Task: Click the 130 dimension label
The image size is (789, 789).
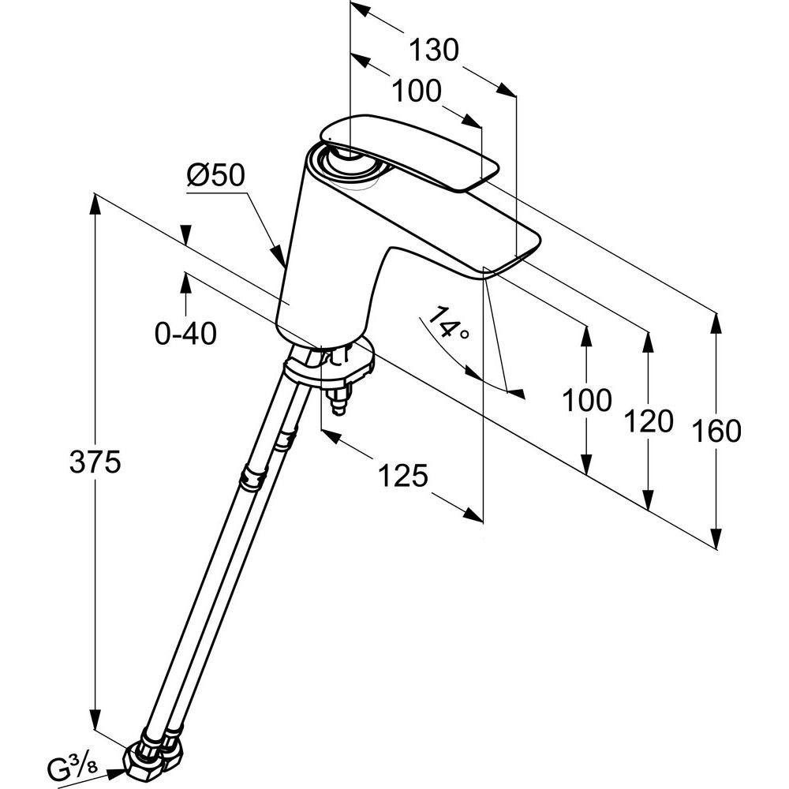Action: [433, 50]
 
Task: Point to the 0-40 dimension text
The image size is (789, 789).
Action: [185, 335]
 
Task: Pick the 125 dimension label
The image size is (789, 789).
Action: [402, 475]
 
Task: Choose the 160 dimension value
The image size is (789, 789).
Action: [716, 432]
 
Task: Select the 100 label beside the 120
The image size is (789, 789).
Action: [586, 401]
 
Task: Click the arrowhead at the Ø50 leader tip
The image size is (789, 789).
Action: [280, 256]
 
